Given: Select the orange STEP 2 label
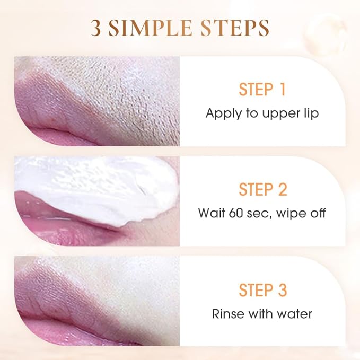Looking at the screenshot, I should [262, 189].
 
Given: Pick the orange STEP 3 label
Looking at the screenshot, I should [262, 290].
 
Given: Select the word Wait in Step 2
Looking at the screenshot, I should [212, 213].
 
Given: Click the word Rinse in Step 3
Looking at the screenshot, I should [227, 313].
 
